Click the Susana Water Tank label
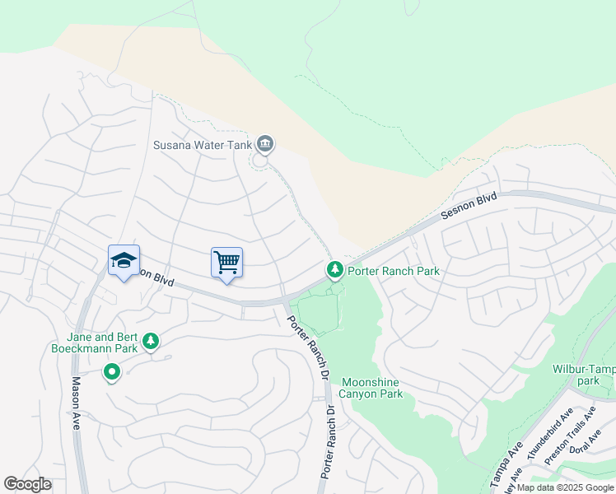click(x=203, y=146)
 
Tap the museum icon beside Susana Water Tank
click(x=265, y=146)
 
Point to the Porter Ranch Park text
click(x=394, y=270)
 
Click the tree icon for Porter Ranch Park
click(x=334, y=269)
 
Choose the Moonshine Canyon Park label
click(x=372, y=388)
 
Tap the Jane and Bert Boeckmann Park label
click(x=102, y=343)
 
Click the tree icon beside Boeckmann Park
click(x=150, y=341)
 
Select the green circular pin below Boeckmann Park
click(x=112, y=374)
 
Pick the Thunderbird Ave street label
click(x=550, y=433)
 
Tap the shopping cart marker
click(x=226, y=263)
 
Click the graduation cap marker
click(x=124, y=260)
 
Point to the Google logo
click(x=27, y=484)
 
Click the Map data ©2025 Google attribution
click(x=564, y=487)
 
